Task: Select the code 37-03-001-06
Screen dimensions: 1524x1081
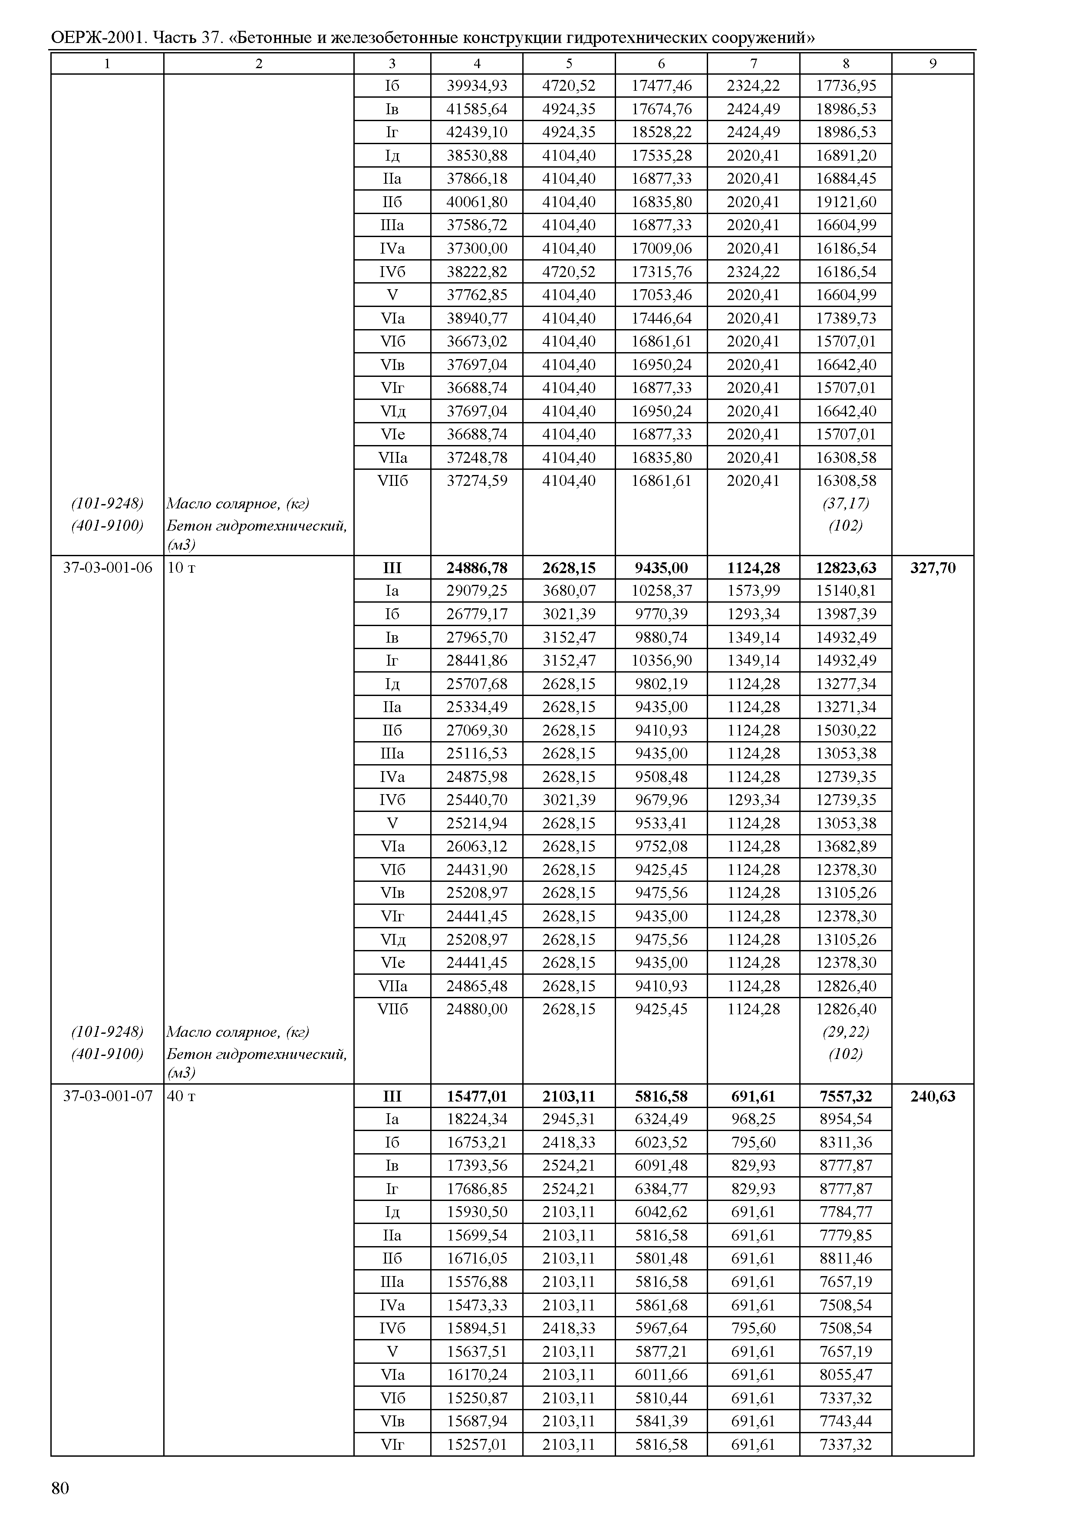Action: point(107,568)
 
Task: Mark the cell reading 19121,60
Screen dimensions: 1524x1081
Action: point(846,202)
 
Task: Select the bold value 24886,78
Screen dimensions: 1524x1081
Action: point(477,568)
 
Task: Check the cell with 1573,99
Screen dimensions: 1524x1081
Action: point(754,590)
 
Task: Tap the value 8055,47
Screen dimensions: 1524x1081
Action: point(846,1375)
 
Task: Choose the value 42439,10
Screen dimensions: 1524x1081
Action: point(477,132)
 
